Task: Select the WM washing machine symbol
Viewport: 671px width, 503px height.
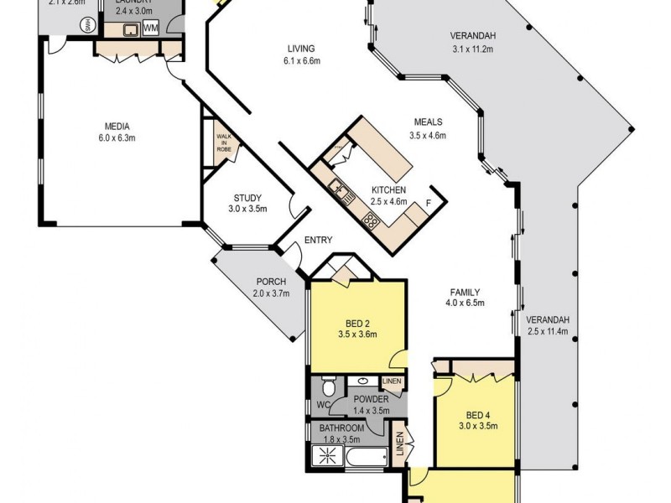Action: tap(151, 29)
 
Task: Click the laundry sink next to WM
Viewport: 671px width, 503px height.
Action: tap(129, 30)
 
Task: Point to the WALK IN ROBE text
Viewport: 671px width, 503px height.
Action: tap(224, 141)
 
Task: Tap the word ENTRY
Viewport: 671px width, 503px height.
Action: tap(318, 240)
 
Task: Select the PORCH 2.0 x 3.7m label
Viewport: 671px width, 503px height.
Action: tap(270, 288)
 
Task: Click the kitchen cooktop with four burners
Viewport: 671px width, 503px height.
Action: tap(370, 221)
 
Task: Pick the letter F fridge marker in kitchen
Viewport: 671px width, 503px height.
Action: tap(429, 204)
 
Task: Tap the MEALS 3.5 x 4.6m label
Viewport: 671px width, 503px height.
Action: tap(428, 128)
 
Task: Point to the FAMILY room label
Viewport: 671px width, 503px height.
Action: tap(465, 298)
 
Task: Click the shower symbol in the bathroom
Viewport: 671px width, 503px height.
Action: tap(323, 457)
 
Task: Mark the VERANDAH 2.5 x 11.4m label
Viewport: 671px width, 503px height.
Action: tap(548, 325)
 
